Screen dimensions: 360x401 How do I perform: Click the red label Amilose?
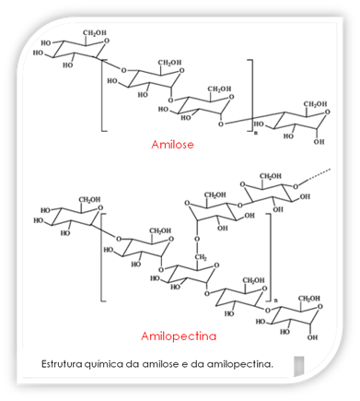click(x=172, y=144)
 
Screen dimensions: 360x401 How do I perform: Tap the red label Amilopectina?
click(x=179, y=336)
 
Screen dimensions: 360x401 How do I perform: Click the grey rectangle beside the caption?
click(x=299, y=366)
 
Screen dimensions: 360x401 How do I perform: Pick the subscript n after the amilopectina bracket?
click(x=274, y=300)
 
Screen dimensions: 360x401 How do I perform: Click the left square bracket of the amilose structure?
click(x=102, y=96)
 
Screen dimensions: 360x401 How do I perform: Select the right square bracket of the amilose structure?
click(x=252, y=96)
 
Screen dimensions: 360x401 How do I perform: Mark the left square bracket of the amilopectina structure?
click(x=101, y=257)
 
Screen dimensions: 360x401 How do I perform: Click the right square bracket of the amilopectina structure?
click(x=271, y=257)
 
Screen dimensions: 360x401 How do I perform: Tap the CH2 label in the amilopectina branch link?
click(x=201, y=257)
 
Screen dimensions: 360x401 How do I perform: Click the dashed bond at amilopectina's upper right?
click(x=316, y=175)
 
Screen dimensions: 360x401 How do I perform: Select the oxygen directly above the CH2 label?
click(x=197, y=239)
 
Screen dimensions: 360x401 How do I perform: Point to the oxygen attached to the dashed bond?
click(x=296, y=186)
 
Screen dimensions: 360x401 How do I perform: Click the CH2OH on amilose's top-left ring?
click(x=95, y=33)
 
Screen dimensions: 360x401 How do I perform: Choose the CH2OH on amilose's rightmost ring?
click(x=316, y=104)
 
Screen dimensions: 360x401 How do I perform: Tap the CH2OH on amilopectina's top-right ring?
click(x=271, y=176)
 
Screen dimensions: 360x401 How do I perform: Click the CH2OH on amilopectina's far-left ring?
click(x=89, y=200)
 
